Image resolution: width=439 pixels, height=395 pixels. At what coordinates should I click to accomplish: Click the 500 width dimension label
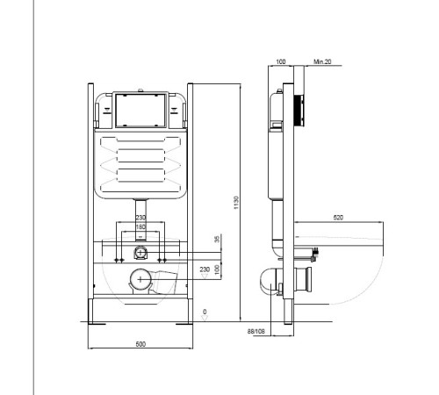pos(140,344)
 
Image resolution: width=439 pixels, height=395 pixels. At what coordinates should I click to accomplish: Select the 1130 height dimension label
pos(236,203)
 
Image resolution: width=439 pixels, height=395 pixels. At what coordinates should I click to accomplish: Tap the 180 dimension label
pos(140,226)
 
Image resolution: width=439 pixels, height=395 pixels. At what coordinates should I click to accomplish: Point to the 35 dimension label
pos(217,239)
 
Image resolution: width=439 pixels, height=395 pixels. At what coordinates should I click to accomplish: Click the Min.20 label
pos(322,61)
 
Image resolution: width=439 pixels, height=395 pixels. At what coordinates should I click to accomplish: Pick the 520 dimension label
pos(338,218)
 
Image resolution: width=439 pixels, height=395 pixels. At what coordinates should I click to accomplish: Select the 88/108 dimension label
pos(256,331)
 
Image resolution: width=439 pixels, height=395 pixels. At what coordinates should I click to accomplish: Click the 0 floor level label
pos(205,312)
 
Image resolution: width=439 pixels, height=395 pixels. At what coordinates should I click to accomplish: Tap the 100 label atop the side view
pos(281,61)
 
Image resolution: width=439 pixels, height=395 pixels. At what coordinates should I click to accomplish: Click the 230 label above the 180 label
pos(140,218)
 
